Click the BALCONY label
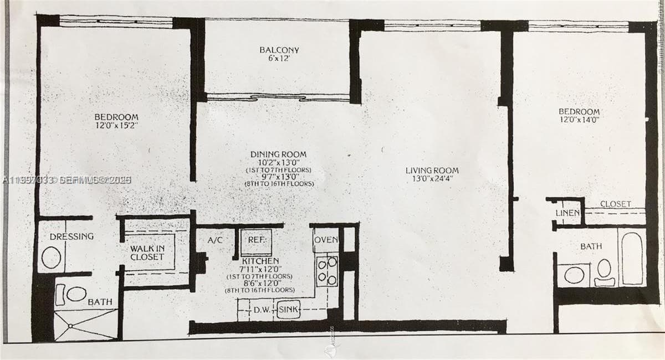click(x=279, y=50)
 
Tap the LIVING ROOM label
click(x=432, y=171)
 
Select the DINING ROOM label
click(x=278, y=155)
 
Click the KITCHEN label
click(x=260, y=261)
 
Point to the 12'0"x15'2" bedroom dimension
click(x=116, y=126)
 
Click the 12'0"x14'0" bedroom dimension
click(x=579, y=119)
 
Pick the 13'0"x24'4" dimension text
click(x=432, y=179)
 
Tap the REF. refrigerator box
click(x=256, y=241)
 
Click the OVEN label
click(x=326, y=240)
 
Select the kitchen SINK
click(x=288, y=310)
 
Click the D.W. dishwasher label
click(x=262, y=310)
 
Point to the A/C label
click(x=215, y=241)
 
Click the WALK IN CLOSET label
click(x=147, y=253)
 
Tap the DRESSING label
click(x=71, y=236)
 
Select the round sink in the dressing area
click(x=52, y=258)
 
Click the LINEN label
click(x=567, y=213)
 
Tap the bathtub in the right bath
click(x=632, y=258)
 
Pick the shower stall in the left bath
click(x=86, y=325)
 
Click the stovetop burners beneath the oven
click(x=327, y=270)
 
